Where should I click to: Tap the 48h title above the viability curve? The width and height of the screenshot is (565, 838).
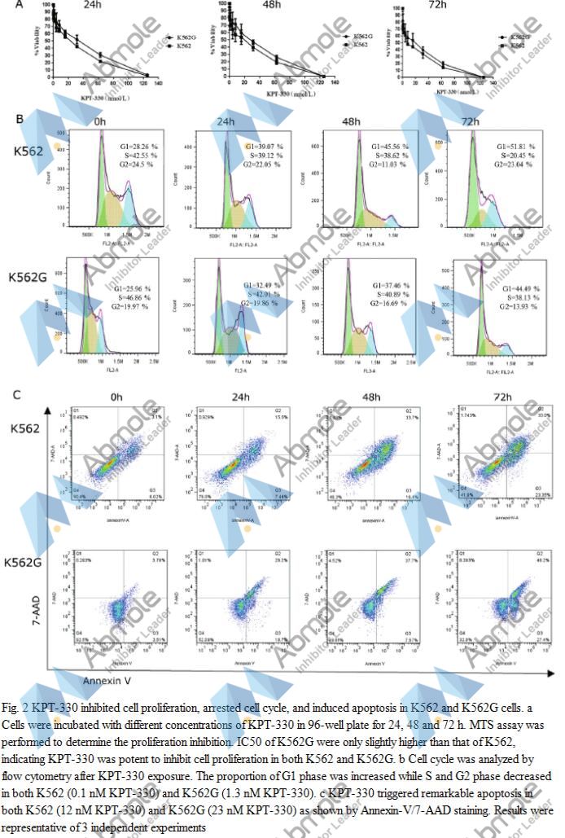click(x=264, y=6)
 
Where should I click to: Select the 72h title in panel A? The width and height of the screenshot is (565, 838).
click(x=436, y=6)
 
